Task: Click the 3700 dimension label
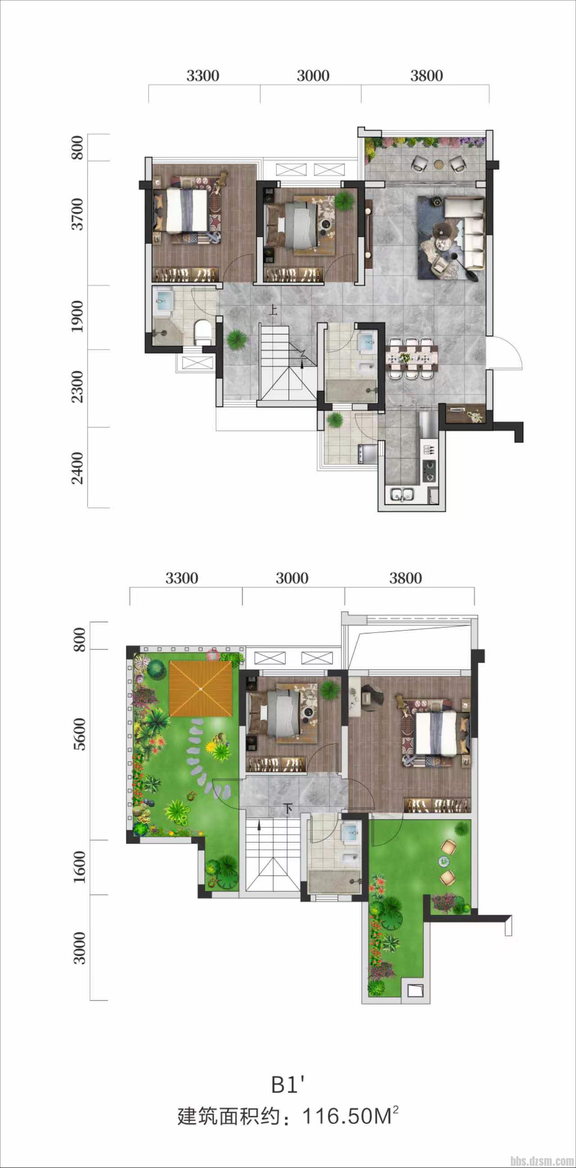[x=78, y=214]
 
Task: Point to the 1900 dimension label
[x=78, y=316]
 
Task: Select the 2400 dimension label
[x=78, y=468]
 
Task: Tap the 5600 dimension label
[x=79, y=735]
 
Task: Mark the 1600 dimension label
[x=79, y=867]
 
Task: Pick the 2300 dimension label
[x=78, y=387]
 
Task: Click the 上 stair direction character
[x=273, y=310]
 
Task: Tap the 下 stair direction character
[x=288, y=808]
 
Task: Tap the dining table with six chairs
[x=412, y=358]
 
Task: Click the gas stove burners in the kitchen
[x=428, y=471]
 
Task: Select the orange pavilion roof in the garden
[x=201, y=689]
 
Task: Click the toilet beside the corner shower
[x=202, y=332]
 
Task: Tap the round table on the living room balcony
[x=439, y=164]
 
